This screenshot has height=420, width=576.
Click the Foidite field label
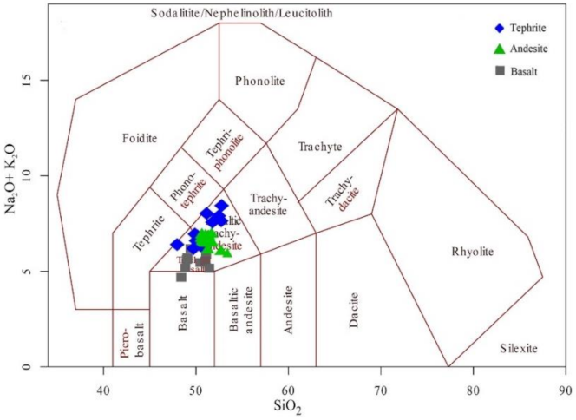click(x=140, y=137)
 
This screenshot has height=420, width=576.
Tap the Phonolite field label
click(x=259, y=82)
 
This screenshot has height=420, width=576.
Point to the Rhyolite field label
click(x=472, y=252)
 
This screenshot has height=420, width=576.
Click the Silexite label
click(x=519, y=348)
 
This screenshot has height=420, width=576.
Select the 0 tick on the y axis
click(x=50, y=368)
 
